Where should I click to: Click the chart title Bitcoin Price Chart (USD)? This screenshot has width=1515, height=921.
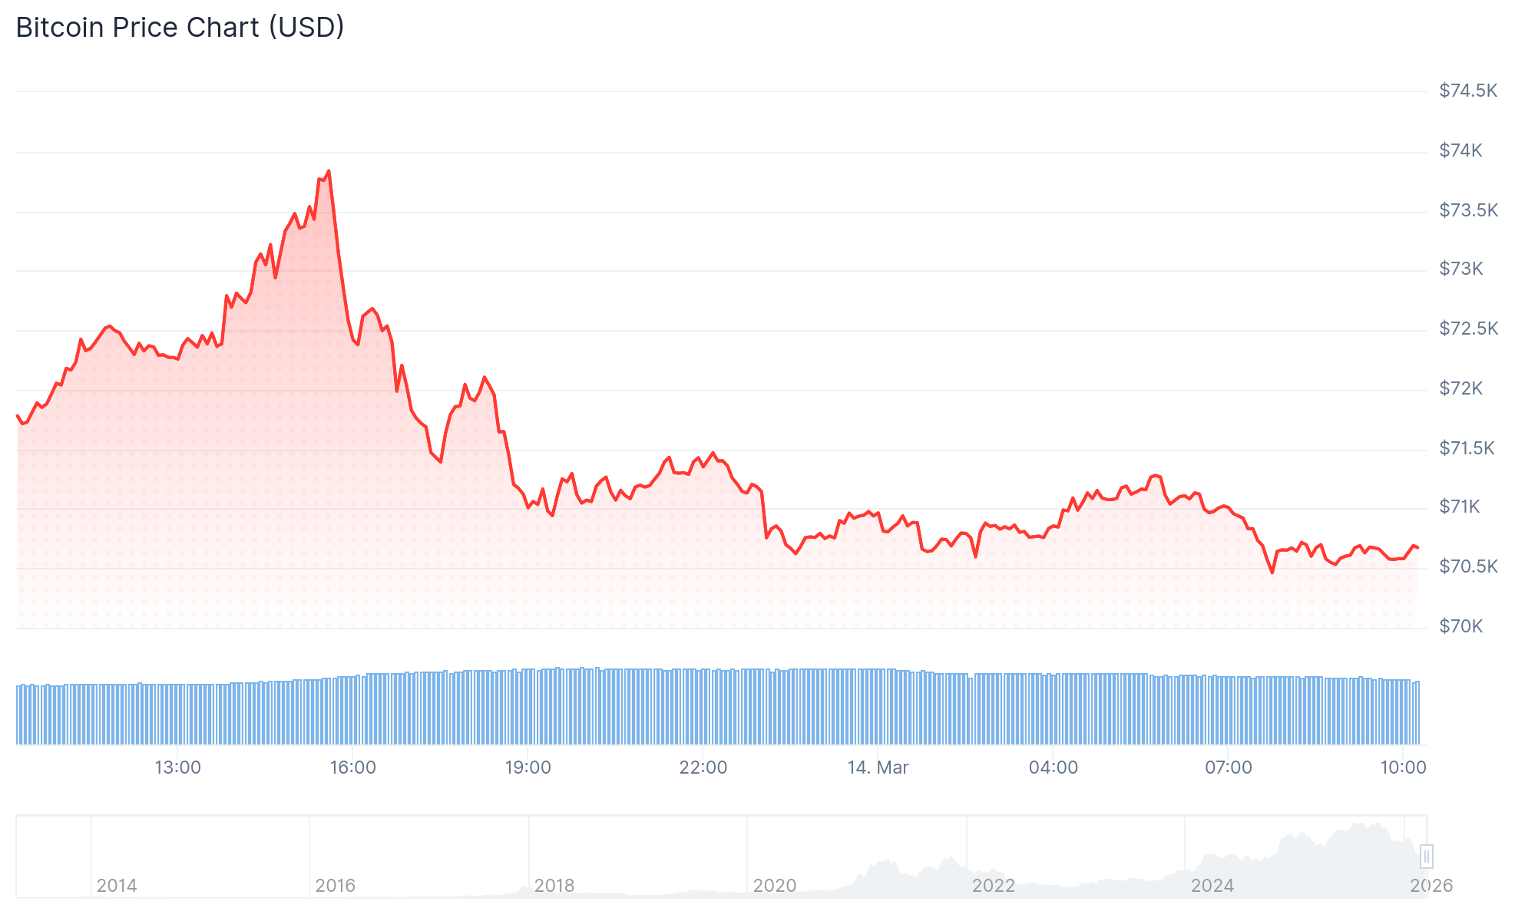coord(180,28)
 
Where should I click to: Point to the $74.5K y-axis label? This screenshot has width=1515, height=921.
coord(1467,91)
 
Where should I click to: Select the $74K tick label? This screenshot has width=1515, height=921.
coord(1460,150)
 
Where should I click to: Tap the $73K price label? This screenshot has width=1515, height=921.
coord(1460,269)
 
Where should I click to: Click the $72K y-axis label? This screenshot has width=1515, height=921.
coord(1460,388)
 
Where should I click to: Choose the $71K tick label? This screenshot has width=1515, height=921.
coord(1459,507)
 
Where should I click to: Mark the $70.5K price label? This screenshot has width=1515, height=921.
coord(1467,566)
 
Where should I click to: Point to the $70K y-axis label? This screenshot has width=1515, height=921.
coord(1460,626)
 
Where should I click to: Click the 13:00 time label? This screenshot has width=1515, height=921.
coord(177,767)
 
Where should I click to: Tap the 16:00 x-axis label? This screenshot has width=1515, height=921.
coord(352,767)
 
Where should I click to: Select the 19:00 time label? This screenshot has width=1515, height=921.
coord(528,767)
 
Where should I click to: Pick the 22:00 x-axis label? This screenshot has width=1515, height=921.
coord(703,767)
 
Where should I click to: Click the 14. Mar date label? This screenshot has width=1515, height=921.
coord(878,767)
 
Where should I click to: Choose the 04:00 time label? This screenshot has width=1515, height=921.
coord(1053,767)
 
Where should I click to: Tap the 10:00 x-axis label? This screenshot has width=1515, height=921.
coord(1403,767)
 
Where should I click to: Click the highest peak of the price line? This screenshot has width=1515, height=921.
coord(329,171)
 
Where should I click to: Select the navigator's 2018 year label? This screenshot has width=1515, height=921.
coord(554,886)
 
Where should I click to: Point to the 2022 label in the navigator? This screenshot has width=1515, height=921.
coord(993,886)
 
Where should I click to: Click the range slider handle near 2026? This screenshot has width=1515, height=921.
coord(1426,856)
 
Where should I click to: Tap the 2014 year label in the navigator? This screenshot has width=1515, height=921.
coord(117,886)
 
